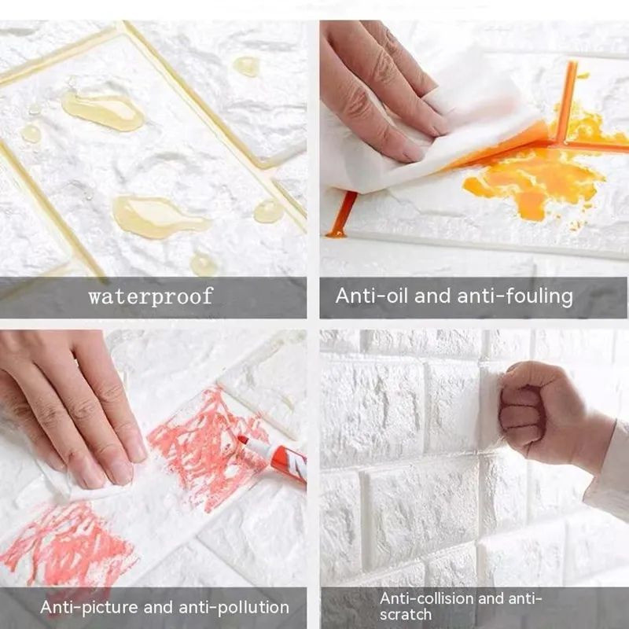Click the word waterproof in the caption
click(x=150, y=296)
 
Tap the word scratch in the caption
click(x=406, y=614)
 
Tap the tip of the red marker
click(x=243, y=440)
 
